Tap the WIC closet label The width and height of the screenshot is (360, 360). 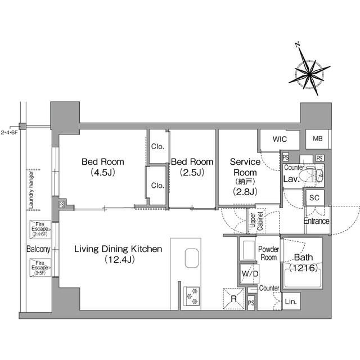click(280, 139)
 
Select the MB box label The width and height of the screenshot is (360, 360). click(318, 139)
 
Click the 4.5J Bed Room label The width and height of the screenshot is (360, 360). click(103, 167)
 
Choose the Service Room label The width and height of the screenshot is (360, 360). click(245, 176)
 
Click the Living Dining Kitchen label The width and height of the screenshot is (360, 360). click(119, 254)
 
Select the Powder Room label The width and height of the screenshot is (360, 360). click(268, 253)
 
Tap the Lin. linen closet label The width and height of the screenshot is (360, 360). click(291, 301)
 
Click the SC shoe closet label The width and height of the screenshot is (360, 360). click(315, 197)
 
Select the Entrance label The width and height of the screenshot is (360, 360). click(317, 220)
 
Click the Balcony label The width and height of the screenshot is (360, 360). click(38, 249)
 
